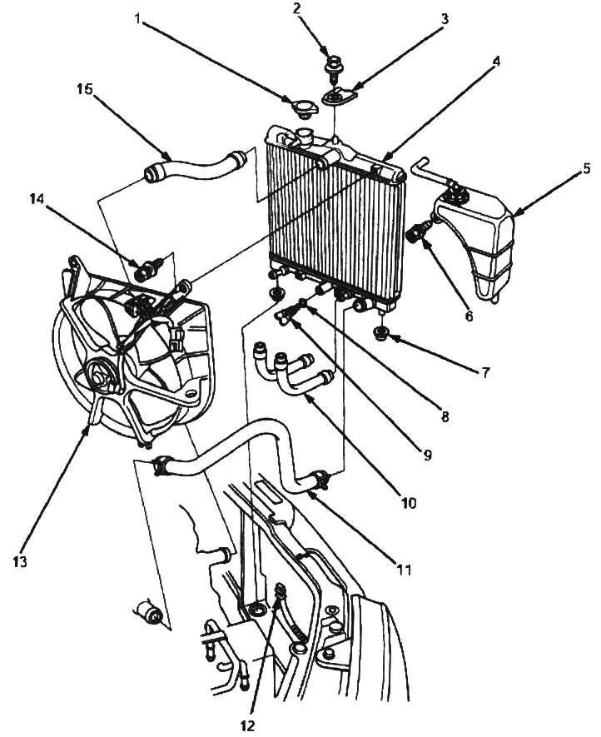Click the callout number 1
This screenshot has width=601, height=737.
coord(137,18)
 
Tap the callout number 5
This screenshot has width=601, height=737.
coord(586,167)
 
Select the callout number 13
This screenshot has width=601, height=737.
coord(20,560)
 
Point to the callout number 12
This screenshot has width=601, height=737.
coord(247,725)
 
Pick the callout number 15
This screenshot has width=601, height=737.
coord(85,89)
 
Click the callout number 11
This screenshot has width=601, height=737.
coord(404,570)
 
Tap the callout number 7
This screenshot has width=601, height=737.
coord(484,372)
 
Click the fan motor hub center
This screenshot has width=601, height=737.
coord(100,376)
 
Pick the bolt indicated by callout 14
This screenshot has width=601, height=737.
coord(147,269)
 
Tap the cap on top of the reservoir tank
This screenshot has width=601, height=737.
coord(454,189)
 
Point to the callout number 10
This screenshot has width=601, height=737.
coord(409,503)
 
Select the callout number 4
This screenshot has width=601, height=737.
coord(495,62)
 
